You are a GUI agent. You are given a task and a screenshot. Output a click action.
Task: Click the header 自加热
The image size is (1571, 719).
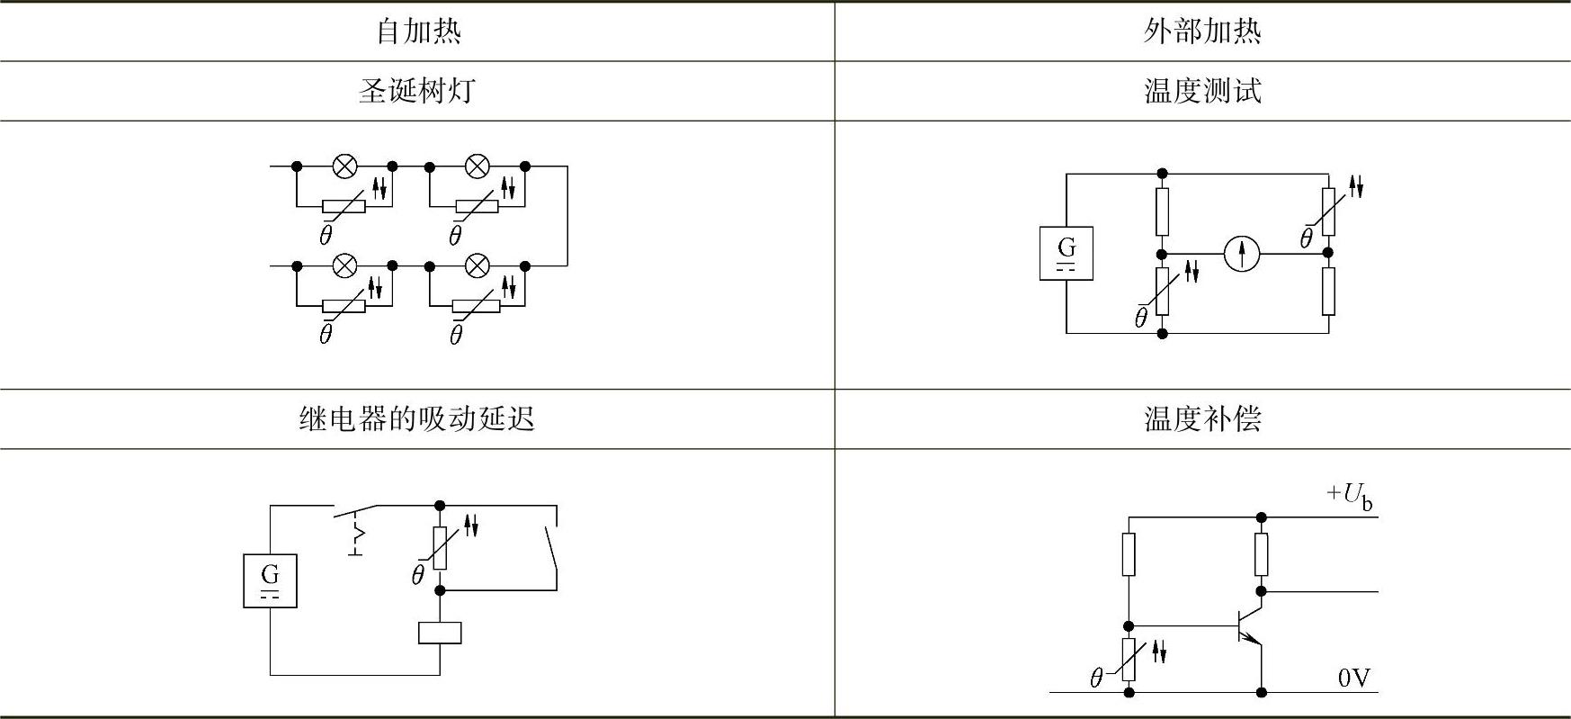(x=417, y=31)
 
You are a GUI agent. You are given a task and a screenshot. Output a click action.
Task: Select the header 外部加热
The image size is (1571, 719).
(x=1201, y=31)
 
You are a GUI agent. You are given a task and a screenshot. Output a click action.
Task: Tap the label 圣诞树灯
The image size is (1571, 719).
(x=417, y=91)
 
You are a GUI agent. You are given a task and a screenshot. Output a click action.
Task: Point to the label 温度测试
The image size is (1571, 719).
(x=1201, y=91)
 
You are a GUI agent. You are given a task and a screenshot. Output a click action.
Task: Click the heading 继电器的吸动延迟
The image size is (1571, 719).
(x=417, y=418)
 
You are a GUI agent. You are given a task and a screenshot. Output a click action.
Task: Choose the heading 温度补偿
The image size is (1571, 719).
(x=1201, y=418)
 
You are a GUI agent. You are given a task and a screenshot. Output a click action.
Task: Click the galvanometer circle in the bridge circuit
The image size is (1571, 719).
(x=1242, y=254)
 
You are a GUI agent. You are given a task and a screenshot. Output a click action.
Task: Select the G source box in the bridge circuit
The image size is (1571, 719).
(x=1067, y=253)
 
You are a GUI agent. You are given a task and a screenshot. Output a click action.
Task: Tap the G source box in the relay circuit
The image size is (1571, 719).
(x=270, y=580)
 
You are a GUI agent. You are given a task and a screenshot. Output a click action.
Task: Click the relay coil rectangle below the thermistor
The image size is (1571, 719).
(x=440, y=633)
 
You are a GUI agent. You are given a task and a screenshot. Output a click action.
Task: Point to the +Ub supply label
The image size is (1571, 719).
(x=1350, y=496)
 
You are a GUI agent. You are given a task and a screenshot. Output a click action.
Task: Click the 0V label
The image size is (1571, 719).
(x=1353, y=678)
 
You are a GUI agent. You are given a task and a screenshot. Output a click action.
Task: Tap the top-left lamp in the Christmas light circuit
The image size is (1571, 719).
(x=345, y=166)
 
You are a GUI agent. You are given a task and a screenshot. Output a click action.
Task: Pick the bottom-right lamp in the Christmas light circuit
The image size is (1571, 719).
(x=478, y=265)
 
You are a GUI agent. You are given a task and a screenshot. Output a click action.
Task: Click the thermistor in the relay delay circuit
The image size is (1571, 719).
(x=440, y=548)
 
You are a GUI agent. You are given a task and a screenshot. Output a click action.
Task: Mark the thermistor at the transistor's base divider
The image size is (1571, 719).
(x=1129, y=660)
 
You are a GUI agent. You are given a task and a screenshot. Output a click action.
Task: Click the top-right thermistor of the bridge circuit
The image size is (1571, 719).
(x=1328, y=211)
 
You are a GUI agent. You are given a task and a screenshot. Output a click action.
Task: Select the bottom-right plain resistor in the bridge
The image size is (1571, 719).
(x=1328, y=291)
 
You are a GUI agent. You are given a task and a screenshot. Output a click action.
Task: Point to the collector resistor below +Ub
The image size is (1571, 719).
(x=1261, y=554)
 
